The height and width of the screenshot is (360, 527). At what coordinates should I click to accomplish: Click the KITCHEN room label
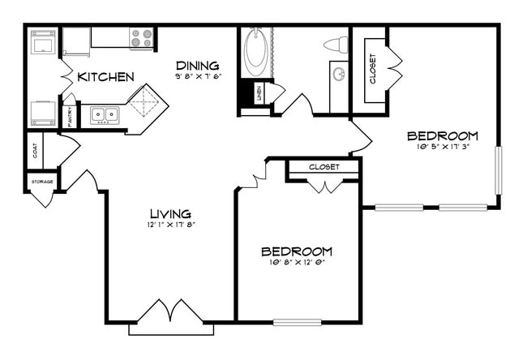click(x=105, y=77)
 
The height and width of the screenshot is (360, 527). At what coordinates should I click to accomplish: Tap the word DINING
click(x=198, y=64)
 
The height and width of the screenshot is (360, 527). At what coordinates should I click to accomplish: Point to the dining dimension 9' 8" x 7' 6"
click(x=198, y=76)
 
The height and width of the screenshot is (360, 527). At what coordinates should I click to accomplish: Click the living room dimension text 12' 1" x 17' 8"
click(x=171, y=225)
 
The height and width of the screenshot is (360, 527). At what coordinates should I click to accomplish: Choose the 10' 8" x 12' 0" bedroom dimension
click(x=297, y=263)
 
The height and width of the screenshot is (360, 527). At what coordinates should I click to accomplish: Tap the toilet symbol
click(x=335, y=45)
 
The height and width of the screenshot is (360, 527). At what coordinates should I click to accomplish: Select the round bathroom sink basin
click(x=339, y=75)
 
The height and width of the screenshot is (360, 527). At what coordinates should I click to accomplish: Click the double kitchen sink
click(x=105, y=115)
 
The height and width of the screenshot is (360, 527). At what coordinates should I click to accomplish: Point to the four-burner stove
click(x=142, y=38)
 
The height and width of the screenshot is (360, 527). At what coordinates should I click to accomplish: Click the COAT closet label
click(x=34, y=151)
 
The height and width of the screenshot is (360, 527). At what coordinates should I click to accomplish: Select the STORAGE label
click(x=42, y=182)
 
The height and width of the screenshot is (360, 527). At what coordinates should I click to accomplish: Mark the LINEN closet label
click(x=258, y=93)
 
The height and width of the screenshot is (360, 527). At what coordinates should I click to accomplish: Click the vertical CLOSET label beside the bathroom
click(x=373, y=68)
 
